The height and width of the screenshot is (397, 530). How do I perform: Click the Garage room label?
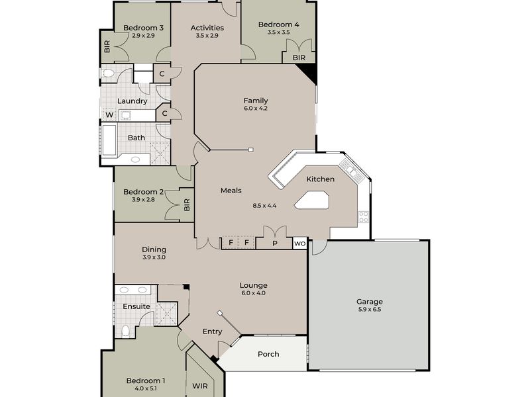tap(370, 302)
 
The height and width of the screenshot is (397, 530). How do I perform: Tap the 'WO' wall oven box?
tap(299, 243)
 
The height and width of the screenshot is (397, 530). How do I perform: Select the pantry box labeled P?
tap(274, 243)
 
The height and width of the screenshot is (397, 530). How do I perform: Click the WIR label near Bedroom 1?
tap(199, 385)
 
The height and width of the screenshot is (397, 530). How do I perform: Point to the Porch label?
tap(268, 354)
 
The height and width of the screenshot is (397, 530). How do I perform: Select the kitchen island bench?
tap(313, 200)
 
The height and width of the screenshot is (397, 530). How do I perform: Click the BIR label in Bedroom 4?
tap(299, 58)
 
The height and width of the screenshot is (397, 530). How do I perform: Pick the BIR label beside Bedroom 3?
tap(106, 47)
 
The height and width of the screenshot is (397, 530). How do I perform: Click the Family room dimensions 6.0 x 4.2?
tap(255, 109)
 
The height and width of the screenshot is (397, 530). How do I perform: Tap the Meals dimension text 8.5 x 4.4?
tap(264, 206)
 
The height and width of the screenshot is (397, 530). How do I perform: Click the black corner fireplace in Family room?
tap(311, 73)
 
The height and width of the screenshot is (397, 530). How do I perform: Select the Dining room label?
tap(154, 249)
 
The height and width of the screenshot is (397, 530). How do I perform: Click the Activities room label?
tap(207, 28)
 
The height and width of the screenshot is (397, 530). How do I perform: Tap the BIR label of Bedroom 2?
tap(186, 205)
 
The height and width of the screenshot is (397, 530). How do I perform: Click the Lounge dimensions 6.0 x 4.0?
tap(253, 292)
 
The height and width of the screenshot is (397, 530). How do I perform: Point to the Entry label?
tap(213, 331)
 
